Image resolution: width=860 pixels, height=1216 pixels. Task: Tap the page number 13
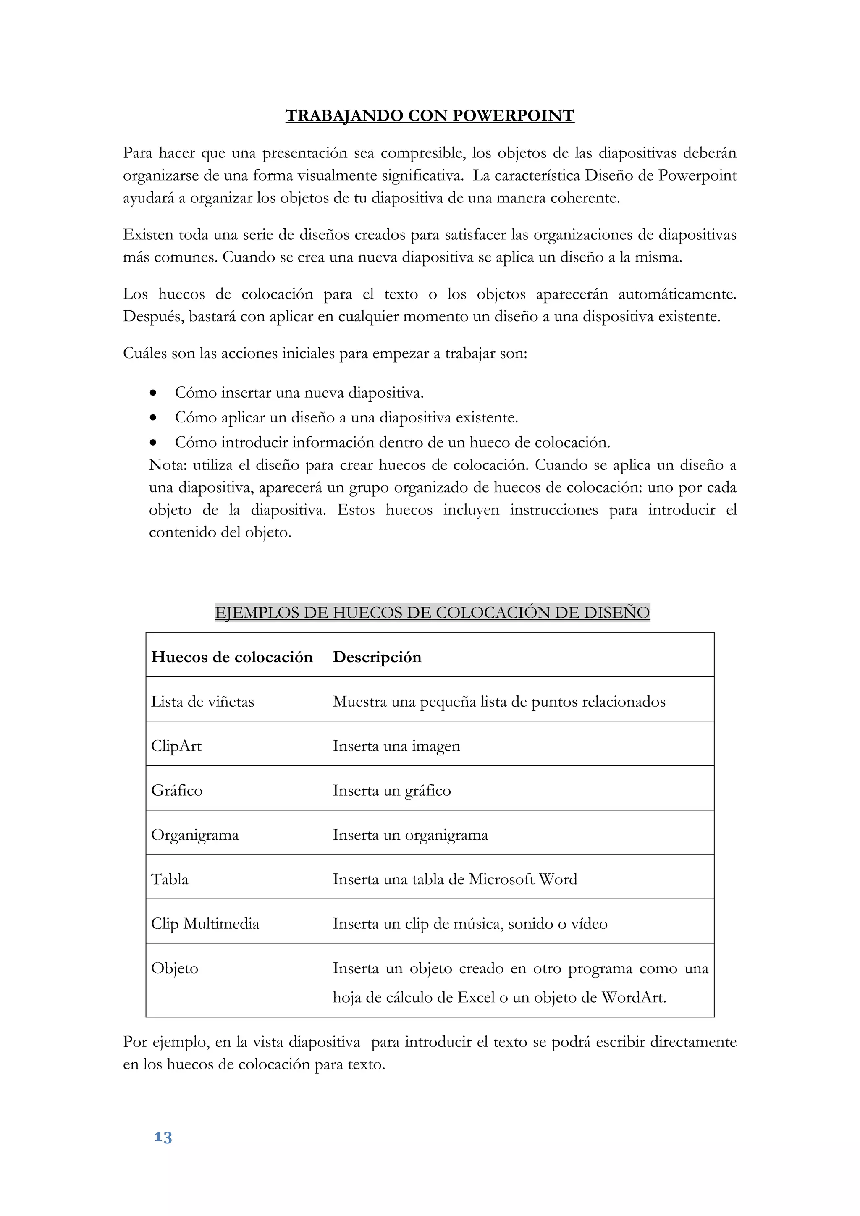[163, 1137]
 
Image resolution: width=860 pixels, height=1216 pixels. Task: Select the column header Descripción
[377, 657]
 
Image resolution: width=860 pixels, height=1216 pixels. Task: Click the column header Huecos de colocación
[232, 657]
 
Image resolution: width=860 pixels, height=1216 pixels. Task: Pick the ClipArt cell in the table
[176, 746]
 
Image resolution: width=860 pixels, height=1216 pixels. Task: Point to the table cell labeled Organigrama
[195, 835]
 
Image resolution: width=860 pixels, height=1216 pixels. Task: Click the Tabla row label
[170, 880]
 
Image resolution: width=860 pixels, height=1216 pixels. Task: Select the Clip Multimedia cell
[205, 924]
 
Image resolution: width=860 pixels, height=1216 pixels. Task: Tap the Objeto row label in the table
[175, 969]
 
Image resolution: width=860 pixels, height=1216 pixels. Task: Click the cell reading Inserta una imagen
[396, 746]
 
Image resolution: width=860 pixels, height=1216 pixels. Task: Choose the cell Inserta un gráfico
[391, 791]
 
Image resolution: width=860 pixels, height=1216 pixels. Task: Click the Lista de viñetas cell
[202, 702]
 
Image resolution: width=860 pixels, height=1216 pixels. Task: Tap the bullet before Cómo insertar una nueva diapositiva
[153, 393]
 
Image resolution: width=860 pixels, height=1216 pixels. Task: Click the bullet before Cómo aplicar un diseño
[153, 418]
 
